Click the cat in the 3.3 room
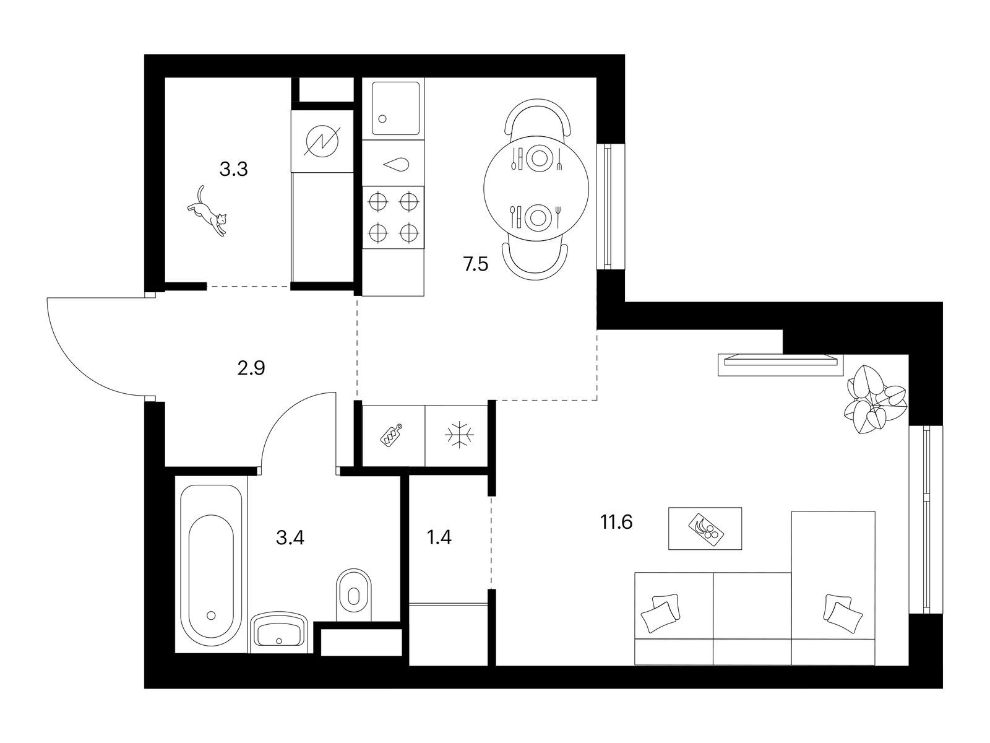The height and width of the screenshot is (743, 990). pos(207,211)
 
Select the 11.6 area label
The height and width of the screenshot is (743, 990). pos(616,523)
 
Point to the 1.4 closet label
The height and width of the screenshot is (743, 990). pos(439,537)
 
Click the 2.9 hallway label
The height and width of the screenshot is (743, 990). pos(251,368)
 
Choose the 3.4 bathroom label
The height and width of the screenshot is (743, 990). pos(290,537)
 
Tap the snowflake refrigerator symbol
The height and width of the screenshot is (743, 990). pos(459,435)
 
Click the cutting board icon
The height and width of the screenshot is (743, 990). pos(392,435)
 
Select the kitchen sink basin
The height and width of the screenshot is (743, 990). pos(395,109)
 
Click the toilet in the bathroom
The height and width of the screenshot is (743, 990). pos(353,595)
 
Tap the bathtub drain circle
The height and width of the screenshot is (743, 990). pos(210,615)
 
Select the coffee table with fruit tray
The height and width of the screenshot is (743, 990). pos(705,528)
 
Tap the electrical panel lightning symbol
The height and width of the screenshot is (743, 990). pos(322,141)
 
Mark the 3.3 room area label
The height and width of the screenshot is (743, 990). pos(234,170)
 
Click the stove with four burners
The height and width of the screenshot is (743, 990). pos(394,218)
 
